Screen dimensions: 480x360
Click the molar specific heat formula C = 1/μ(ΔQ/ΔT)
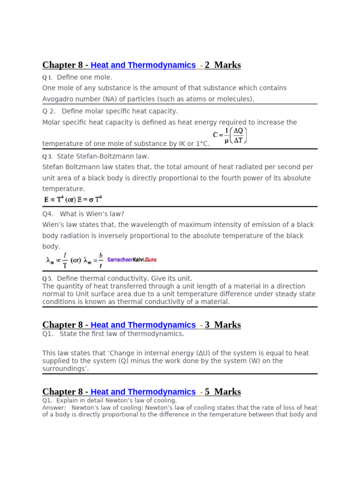(x=230, y=135)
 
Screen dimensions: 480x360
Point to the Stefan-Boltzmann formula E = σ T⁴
(x=73, y=199)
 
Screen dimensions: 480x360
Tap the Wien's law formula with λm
(x=74, y=260)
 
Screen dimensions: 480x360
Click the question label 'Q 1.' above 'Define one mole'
(x=47, y=77)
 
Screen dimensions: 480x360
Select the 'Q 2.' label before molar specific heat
(x=49, y=112)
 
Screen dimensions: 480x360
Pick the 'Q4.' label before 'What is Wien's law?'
(x=48, y=214)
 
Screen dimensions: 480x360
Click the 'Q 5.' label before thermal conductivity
(x=47, y=279)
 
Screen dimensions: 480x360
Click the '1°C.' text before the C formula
(x=200, y=144)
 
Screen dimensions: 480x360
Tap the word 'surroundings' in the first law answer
(x=64, y=369)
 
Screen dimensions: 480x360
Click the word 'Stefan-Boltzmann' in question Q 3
(x=103, y=157)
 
